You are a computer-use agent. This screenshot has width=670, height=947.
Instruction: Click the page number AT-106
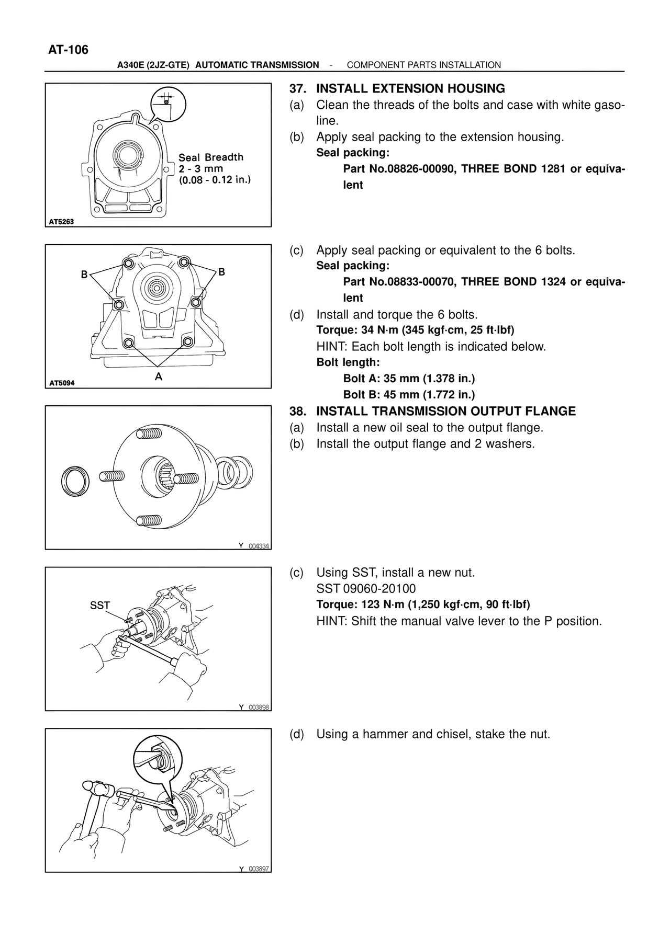[x=68, y=50]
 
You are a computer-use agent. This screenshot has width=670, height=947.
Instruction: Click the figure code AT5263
[x=61, y=222]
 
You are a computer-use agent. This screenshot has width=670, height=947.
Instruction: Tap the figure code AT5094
[x=61, y=383]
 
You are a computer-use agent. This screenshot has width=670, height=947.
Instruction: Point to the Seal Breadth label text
[x=211, y=157]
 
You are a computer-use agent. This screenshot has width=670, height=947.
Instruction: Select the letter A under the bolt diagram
[x=159, y=376]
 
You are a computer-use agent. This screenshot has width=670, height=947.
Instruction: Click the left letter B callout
[x=84, y=274]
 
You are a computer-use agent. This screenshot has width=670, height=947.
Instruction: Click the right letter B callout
[x=221, y=272]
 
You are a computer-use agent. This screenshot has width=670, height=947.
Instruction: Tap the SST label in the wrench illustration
[x=100, y=606]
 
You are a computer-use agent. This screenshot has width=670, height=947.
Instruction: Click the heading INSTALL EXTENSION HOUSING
[x=410, y=89]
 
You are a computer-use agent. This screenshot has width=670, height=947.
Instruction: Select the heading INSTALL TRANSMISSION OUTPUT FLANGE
[x=445, y=412]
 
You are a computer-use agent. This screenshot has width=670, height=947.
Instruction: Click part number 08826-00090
[x=410, y=169]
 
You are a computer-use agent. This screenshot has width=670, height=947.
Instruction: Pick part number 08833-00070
[x=410, y=282]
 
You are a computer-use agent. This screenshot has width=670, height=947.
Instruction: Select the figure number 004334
[x=259, y=546]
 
